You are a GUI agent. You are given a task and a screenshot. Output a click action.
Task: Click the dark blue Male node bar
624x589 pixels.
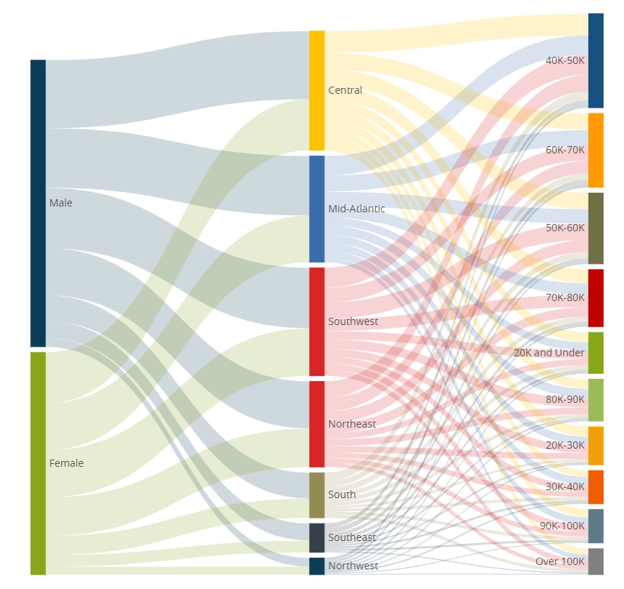coord(38,203)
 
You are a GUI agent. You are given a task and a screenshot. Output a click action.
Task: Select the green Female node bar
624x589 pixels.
coord(38,463)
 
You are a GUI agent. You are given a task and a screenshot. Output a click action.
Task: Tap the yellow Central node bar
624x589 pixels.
coord(316,90)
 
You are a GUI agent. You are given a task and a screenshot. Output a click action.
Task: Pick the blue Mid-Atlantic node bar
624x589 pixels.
coord(316,209)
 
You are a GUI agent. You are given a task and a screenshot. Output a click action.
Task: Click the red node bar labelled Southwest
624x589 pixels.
coord(316,321)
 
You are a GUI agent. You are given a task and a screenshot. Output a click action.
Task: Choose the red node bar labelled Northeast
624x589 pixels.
coord(316,424)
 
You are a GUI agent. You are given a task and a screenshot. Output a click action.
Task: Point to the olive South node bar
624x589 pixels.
coord(316,494)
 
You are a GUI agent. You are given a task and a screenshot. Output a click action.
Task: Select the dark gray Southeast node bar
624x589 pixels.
coord(316,537)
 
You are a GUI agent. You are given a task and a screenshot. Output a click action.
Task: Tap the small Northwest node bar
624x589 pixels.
coord(316,566)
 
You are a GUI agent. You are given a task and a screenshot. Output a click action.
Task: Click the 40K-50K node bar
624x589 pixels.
coord(596,60)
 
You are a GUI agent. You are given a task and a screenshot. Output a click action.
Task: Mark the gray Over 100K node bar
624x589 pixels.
coord(596,561)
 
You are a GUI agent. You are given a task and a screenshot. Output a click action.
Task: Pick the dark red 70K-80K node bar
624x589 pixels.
coord(596,297)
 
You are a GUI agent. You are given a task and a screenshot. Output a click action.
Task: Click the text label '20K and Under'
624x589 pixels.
coord(549,353)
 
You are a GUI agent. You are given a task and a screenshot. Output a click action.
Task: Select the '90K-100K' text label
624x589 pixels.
coord(562,526)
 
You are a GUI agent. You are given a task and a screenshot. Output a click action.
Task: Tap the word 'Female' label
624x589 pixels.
coord(66,463)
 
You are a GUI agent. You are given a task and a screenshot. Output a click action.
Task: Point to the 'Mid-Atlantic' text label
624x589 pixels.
coord(356,209)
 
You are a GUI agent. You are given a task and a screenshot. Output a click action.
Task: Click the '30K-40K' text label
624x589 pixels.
coord(565,486)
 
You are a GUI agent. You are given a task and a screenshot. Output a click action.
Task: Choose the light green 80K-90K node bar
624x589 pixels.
coord(596,399)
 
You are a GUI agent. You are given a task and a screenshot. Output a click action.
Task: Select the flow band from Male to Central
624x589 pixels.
coord(175,80)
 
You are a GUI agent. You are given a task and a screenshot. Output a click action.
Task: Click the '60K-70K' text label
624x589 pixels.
coord(565,150)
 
